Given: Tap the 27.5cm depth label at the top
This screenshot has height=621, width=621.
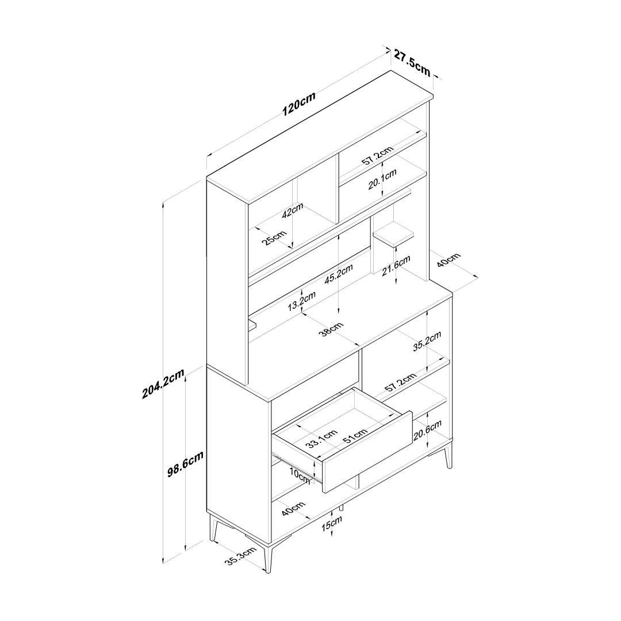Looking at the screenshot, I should (x=412, y=62).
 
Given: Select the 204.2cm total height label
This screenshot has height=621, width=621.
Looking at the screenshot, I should (x=163, y=384).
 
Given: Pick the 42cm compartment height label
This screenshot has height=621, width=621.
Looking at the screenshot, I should (x=293, y=210).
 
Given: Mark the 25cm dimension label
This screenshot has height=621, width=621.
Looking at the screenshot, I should (x=274, y=237).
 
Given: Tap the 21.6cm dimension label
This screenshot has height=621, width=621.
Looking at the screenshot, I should (x=396, y=266).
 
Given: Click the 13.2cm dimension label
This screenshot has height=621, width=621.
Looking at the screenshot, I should (x=301, y=301).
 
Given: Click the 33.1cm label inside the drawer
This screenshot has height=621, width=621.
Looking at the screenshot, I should (x=321, y=438).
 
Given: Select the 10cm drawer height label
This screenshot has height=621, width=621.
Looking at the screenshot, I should (x=299, y=474).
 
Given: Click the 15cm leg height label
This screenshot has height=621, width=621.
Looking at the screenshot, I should (x=332, y=523).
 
